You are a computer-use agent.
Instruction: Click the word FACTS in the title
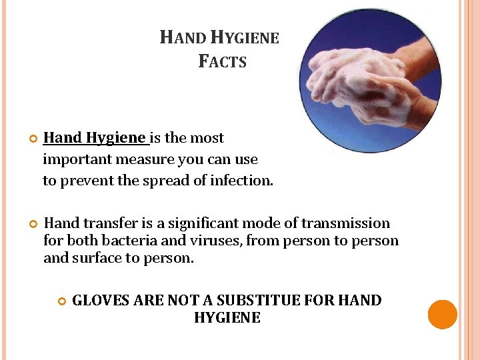pyautogui.click(x=223, y=62)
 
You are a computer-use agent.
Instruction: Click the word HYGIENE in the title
pyautogui.click(x=243, y=38)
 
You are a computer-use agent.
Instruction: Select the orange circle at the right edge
pyautogui.click(x=443, y=315)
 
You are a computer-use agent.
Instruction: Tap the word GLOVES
pyautogui.click(x=101, y=301)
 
